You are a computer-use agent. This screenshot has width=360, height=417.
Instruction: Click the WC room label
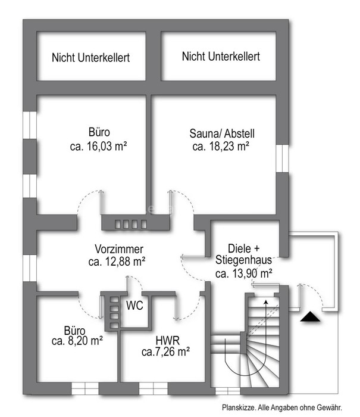tap(134, 305)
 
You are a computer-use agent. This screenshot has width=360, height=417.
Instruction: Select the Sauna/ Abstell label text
tap(222, 133)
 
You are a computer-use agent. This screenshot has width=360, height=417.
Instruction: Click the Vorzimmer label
tap(119, 249)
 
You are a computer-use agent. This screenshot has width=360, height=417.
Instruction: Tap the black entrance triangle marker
tap(310, 317)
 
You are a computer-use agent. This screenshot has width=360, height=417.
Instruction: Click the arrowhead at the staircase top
tap(265, 302)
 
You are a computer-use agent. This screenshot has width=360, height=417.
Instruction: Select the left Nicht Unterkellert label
tap(90, 58)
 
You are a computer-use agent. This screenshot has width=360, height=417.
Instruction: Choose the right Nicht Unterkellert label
tap(221, 57)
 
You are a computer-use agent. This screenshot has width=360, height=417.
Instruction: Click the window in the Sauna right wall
tap(282, 158)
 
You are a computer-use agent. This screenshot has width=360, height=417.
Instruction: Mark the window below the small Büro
tap(85, 388)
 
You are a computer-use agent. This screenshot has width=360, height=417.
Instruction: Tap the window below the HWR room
tap(154, 388)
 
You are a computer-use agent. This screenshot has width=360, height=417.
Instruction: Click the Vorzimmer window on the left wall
tap(30, 268)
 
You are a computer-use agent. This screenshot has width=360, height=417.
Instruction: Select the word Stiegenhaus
tap(243, 260)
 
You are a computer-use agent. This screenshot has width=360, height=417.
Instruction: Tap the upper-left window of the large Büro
tap(30, 125)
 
